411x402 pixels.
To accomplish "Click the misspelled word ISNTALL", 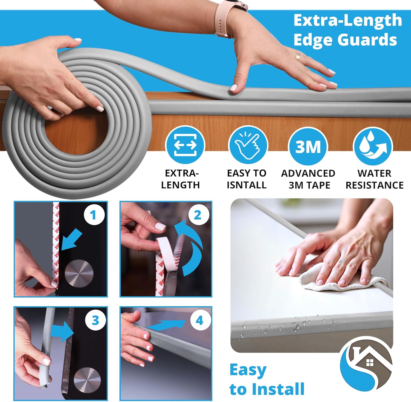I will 247,185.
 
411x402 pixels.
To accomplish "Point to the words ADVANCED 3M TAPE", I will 308,179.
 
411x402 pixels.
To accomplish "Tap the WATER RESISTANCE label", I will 374,179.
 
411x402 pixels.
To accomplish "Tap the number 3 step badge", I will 95,320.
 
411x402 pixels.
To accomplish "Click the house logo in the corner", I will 366,363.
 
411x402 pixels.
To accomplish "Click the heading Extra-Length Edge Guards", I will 347,30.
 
